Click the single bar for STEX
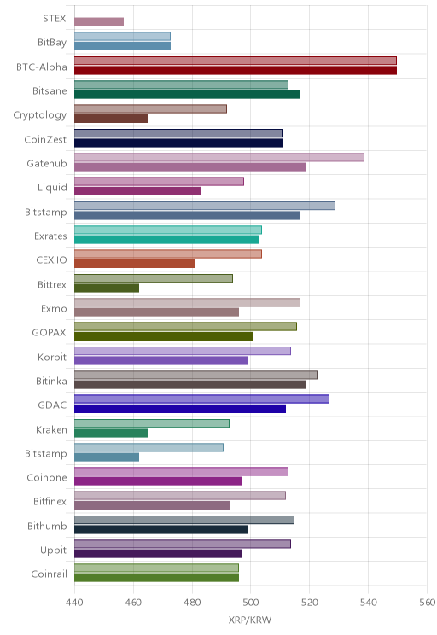[x=99, y=22]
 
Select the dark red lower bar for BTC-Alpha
[x=236, y=71]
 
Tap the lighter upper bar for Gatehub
[x=219, y=157]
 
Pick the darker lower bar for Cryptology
[x=111, y=119]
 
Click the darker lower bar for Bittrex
[x=107, y=288]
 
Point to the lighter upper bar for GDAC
[x=201, y=399]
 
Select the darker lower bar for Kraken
[x=111, y=434]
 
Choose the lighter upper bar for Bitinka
[x=195, y=375]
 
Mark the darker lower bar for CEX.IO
[x=135, y=264]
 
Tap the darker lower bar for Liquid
[x=137, y=191]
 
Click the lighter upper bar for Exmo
[x=187, y=302]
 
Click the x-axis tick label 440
[x=74, y=603]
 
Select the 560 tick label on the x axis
[x=427, y=603]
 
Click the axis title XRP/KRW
[x=250, y=620]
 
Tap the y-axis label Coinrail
[x=49, y=574]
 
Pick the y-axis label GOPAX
[x=49, y=333]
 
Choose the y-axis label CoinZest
[x=45, y=139]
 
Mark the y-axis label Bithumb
[x=47, y=526]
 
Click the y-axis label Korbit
[x=52, y=357]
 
